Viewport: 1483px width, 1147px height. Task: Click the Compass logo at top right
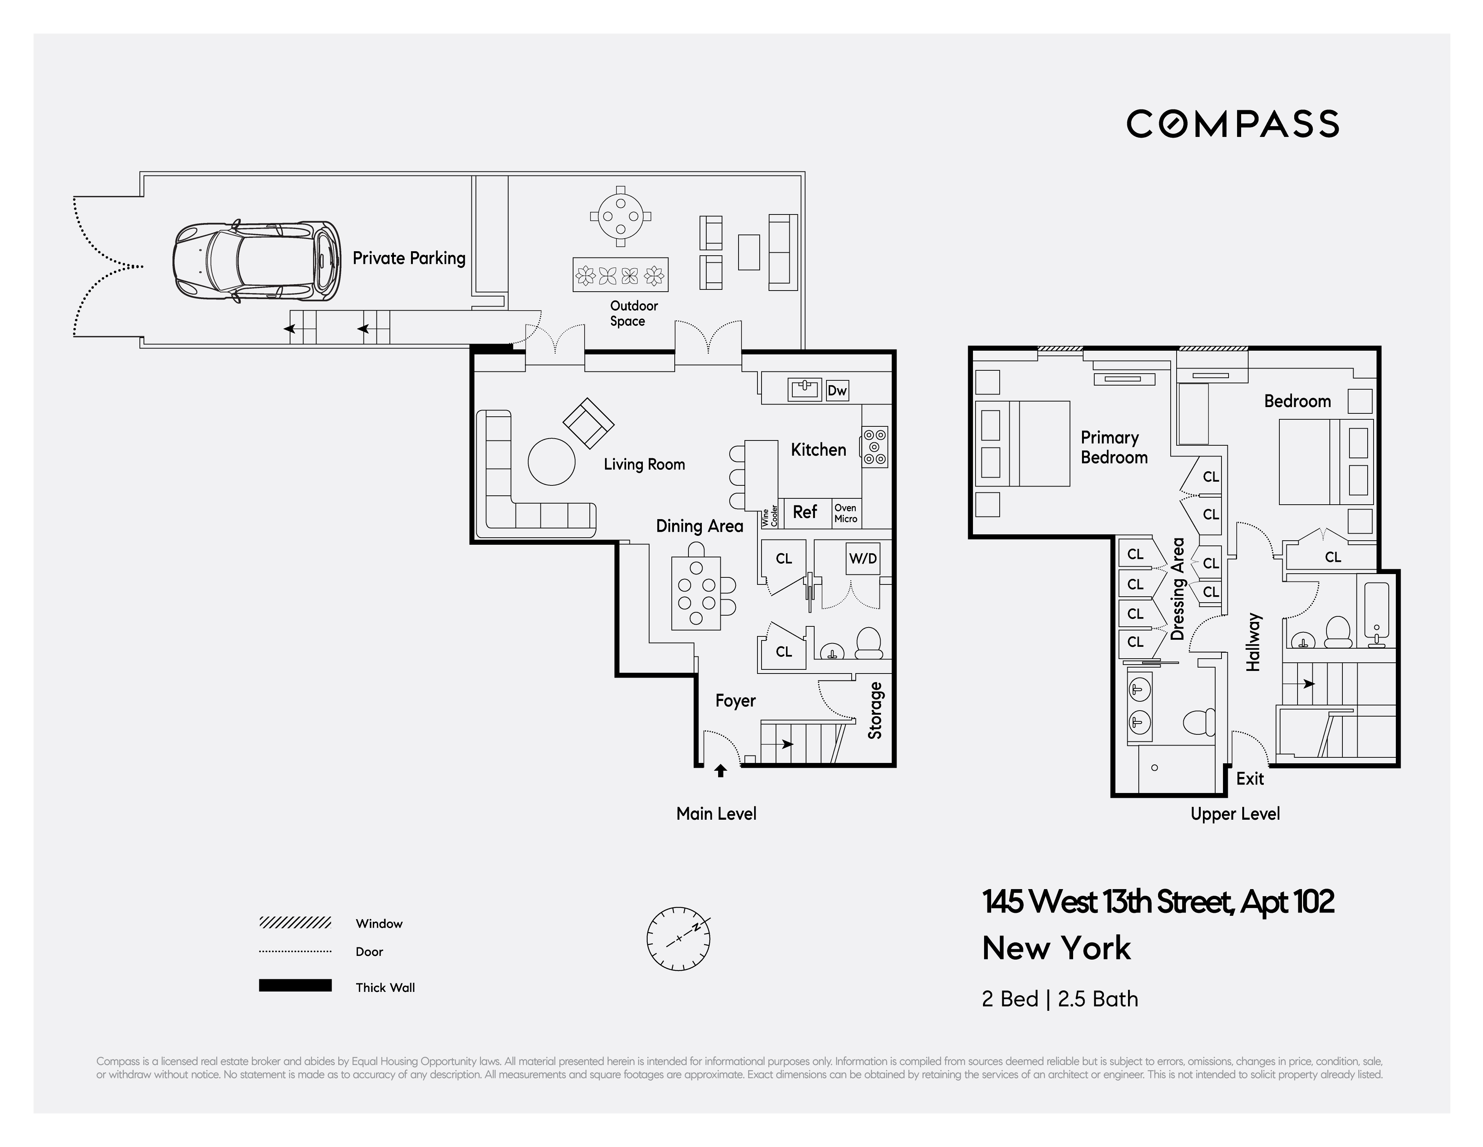pyautogui.click(x=1233, y=124)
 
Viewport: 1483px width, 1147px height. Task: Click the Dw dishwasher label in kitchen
pyautogui.click(x=837, y=390)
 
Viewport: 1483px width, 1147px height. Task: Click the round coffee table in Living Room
pyautogui.click(x=551, y=462)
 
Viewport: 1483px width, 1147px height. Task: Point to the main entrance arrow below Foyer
pyautogui.click(x=720, y=771)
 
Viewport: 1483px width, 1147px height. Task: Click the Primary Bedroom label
pyautogui.click(x=1114, y=448)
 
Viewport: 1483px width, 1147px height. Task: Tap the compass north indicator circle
pyautogui.click(x=678, y=938)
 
